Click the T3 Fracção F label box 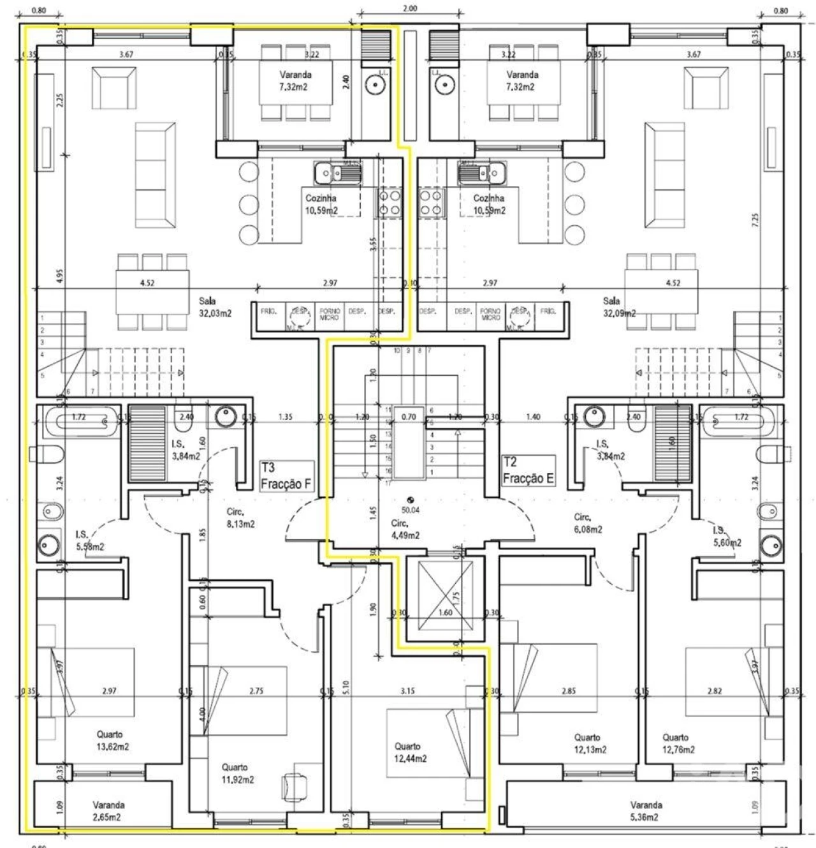coord(286,477)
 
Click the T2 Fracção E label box coord(528,471)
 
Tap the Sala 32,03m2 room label coord(214,307)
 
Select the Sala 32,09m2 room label coord(619,307)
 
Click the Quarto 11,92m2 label coord(235,773)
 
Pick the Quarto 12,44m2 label coord(407,752)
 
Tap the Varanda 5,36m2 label coord(646,811)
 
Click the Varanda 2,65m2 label coord(108,811)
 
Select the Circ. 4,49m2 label coord(405,528)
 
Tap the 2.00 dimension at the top coord(411,9)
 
